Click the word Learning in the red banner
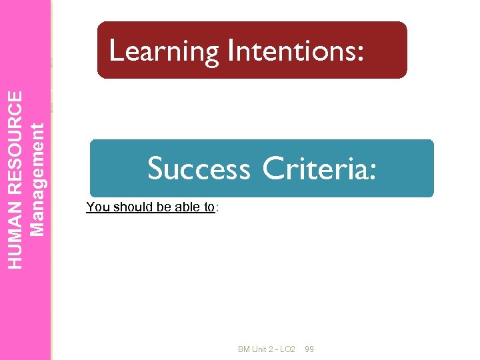(163, 51)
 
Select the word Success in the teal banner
(199, 169)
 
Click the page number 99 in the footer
(309, 349)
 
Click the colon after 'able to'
(217, 207)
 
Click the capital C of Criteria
(273, 169)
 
